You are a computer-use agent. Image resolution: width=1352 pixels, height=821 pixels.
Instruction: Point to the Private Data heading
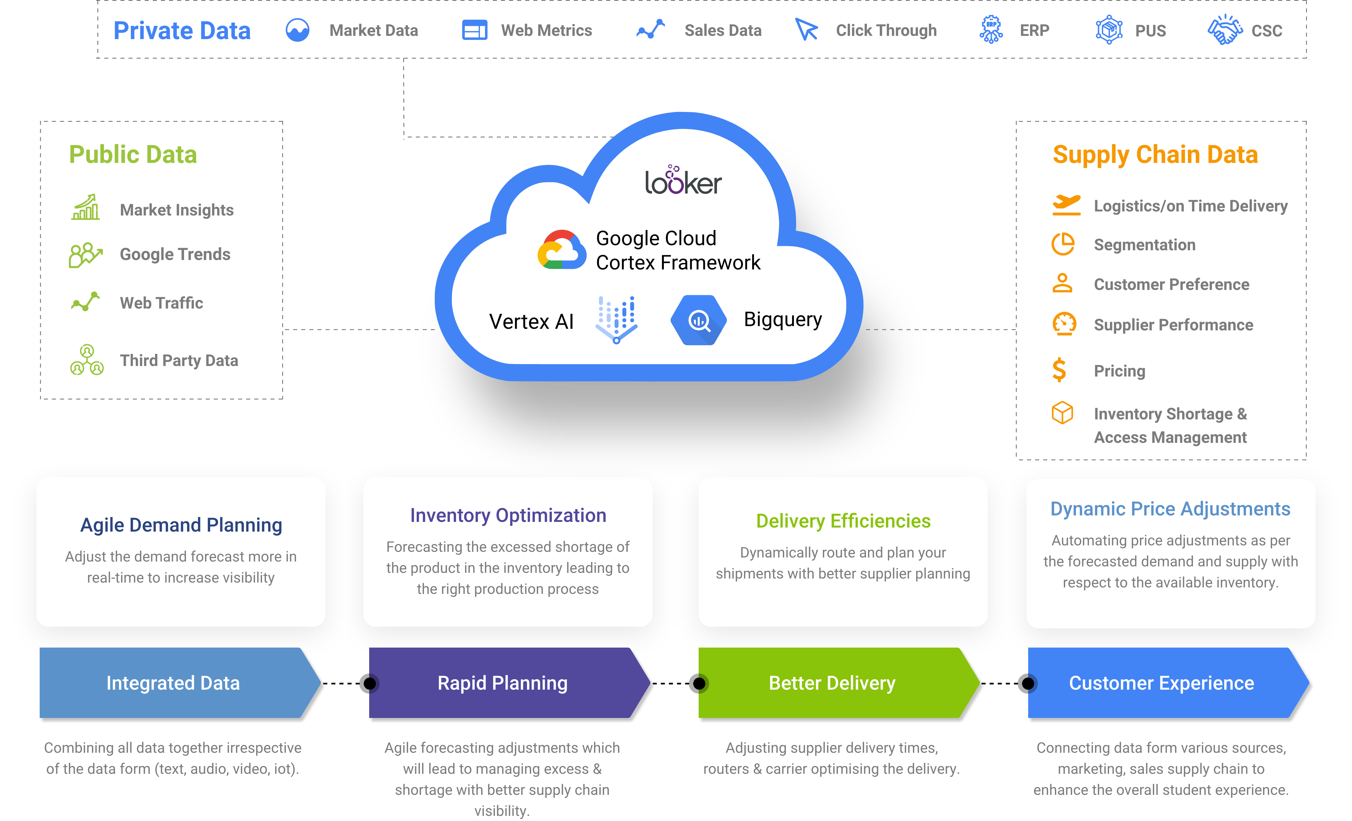click(182, 31)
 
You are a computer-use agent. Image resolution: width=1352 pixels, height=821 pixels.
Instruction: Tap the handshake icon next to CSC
click(1225, 30)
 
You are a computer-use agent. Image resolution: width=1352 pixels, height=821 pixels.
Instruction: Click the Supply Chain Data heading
click(1155, 155)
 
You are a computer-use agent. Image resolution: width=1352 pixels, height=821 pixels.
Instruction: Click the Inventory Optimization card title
click(508, 515)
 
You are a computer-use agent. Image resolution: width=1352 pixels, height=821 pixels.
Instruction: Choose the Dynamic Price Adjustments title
click(1170, 509)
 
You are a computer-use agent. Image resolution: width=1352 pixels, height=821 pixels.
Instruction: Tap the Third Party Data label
click(179, 361)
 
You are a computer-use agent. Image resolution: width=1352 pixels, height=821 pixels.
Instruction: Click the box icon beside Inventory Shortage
click(1062, 413)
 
